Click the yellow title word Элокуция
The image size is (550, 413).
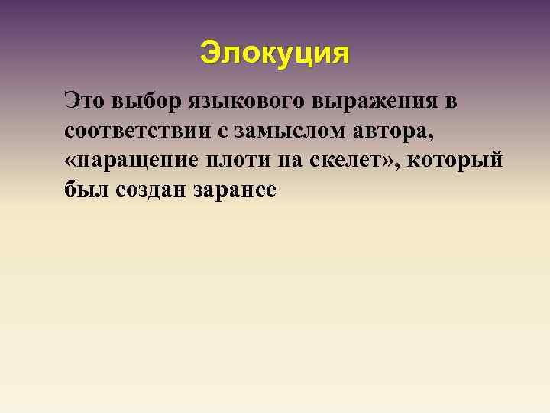[274, 53]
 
